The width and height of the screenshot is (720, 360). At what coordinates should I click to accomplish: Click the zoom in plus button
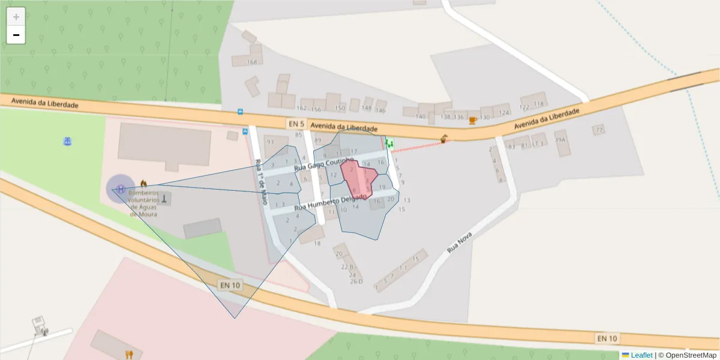coord(16,17)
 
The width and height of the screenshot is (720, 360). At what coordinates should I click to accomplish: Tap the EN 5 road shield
coord(296,124)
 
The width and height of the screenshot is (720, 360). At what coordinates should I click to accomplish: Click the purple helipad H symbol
coord(121,189)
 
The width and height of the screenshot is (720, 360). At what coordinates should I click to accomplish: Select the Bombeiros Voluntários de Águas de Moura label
coord(143,203)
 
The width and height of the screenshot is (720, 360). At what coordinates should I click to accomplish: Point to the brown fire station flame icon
coord(143,182)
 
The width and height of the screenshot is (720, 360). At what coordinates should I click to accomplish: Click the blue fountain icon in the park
coord(67,141)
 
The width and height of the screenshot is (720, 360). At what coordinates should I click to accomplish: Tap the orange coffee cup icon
coord(473,120)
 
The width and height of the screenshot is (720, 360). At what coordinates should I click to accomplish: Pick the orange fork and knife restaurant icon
coord(128,354)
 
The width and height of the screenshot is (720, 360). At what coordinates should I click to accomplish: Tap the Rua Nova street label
coord(461,242)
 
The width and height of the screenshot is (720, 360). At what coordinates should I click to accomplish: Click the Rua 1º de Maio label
coord(260,182)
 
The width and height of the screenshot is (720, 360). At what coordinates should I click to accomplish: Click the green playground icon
coord(390,143)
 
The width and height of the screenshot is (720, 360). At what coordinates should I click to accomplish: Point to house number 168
coord(253,62)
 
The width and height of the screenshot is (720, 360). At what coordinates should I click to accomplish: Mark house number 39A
coord(560,140)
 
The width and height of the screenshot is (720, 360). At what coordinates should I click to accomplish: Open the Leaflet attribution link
coord(641,355)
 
